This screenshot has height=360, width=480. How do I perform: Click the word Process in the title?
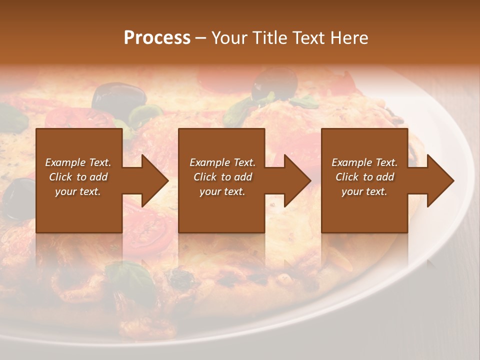tap(157, 38)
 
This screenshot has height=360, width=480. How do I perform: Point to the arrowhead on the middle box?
tap(297, 180)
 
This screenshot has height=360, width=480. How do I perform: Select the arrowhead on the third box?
tap(440, 180)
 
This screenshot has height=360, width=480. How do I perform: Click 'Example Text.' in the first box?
tap(78, 162)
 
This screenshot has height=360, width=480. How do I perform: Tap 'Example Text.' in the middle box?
tap(222, 162)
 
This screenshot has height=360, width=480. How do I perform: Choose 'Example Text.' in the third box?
tap(364, 162)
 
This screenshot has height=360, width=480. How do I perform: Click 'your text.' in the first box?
tap(78, 191)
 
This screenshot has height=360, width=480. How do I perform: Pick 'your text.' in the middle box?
tap(222, 191)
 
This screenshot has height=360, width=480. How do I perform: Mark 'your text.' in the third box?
tap(364, 191)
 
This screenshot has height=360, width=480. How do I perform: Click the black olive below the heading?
tap(274, 82)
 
